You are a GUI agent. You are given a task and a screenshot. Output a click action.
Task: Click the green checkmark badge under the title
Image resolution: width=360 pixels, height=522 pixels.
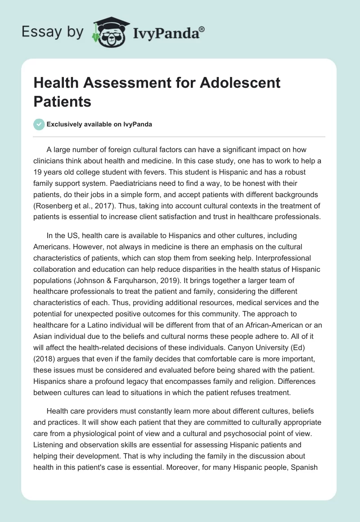click(39, 125)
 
